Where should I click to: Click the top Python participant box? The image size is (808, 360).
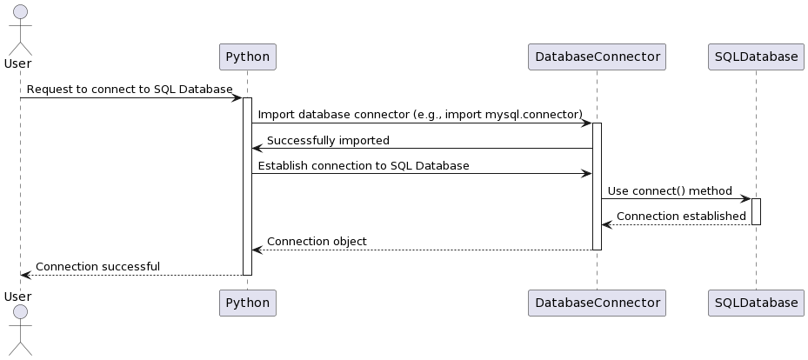click(x=247, y=57)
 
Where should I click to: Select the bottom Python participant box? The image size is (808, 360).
click(x=247, y=303)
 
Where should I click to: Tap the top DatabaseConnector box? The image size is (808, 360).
click(x=597, y=57)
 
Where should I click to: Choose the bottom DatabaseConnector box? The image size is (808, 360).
click(x=597, y=303)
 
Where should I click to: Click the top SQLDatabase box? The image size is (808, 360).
click(x=756, y=57)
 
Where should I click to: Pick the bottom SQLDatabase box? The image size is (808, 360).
click(x=756, y=303)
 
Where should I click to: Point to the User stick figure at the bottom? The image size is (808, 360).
click(x=20, y=335)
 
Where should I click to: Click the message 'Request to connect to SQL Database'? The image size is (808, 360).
click(x=130, y=90)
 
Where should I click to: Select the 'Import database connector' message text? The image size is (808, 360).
click(x=420, y=115)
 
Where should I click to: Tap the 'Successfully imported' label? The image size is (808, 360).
click(x=328, y=140)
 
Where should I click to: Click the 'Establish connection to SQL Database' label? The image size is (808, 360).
click(x=364, y=165)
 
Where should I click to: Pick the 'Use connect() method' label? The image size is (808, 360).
click(x=670, y=190)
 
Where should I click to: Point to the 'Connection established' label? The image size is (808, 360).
click(x=681, y=216)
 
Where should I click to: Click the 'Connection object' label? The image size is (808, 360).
click(x=317, y=241)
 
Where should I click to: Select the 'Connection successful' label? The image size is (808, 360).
click(x=97, y=266)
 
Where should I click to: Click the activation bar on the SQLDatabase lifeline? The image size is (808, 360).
click(x=756, y=211)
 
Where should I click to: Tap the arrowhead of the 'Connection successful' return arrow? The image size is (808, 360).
click(x=25, y=275)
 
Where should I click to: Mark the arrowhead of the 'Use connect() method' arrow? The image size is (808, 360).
click(x=745, y=199)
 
